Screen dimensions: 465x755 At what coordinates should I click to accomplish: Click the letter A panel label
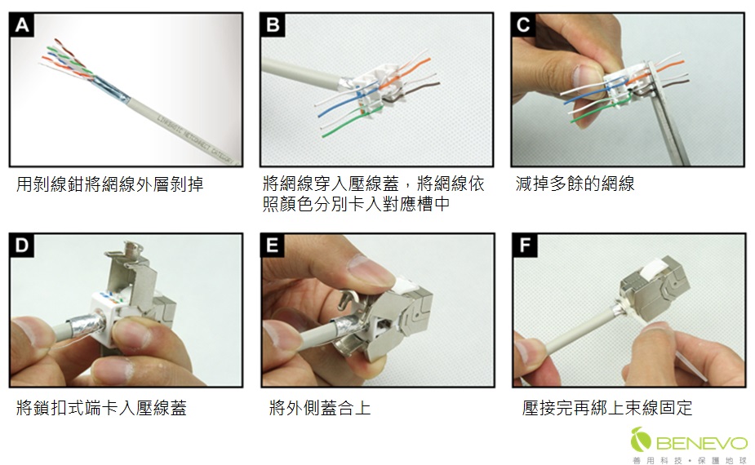coord(22,25)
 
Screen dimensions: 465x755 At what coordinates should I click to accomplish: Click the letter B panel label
coord(273,25)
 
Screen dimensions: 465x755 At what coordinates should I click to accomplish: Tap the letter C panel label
coord(523,25)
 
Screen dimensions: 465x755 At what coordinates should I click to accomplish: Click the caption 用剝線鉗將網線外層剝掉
coord(109,184)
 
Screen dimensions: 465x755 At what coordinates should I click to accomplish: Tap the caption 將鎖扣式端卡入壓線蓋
coord(101,407)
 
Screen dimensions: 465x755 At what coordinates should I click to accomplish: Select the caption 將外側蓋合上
coord(320,407)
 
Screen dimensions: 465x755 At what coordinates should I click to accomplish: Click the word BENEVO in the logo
coord(701,443)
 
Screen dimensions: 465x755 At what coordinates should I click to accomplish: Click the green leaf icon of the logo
coord(642,441)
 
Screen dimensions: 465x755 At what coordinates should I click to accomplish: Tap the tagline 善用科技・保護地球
coord(690,459)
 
